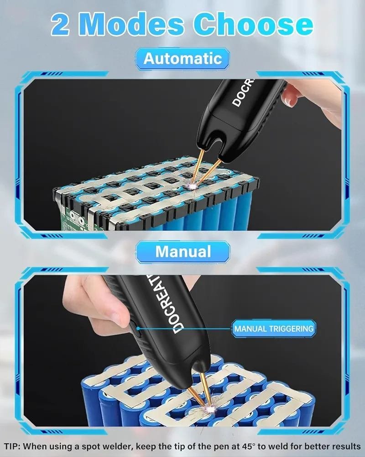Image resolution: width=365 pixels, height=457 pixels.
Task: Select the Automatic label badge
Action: (x=182, y=59)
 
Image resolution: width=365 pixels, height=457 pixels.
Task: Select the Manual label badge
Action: (x=183, y=252)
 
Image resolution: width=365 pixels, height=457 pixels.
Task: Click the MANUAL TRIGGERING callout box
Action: (x=274, y=329)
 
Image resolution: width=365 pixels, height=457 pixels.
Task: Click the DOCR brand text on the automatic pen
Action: (x=242, y=92)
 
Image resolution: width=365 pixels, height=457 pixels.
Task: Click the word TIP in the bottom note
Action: (x=12, y=446)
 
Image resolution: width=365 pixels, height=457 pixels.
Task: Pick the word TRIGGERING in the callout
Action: (x=291, y=329)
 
